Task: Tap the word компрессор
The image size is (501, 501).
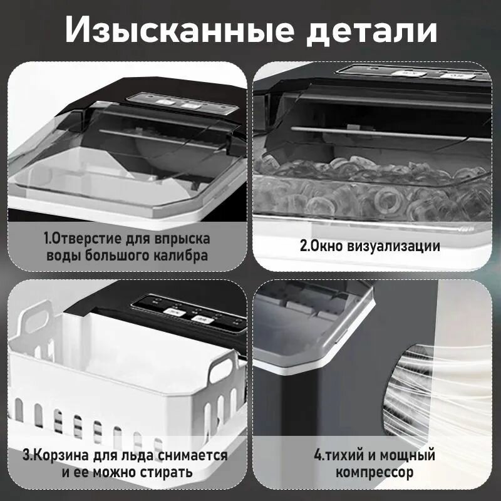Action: (x=374, y=472)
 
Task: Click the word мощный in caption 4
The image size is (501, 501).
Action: (x=403, y=455)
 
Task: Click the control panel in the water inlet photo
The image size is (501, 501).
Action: (x=169, y=101)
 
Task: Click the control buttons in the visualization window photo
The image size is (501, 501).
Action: (x=432, y=73)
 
